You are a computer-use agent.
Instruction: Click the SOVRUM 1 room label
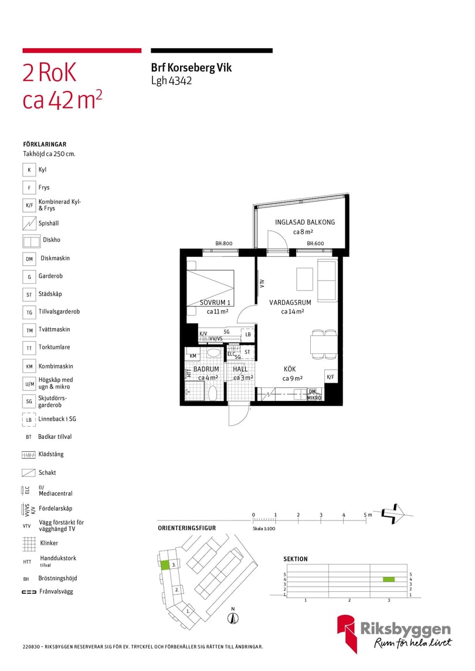(x=215, y=302)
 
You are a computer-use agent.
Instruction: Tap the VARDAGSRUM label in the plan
(x=290, y=302)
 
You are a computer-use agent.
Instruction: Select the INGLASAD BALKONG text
(x=305, y=222)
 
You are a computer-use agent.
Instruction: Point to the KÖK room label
(x=290, y=369)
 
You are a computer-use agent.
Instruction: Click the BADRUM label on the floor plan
(x=206, y=369)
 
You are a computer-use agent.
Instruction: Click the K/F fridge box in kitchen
(x=330, y=377)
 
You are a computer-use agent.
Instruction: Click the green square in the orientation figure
(x=165, y=565)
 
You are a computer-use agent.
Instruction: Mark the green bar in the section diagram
(x=388, y=580)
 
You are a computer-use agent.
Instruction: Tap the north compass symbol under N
(x=233, y=618)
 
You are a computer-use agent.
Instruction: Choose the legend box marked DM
(x=29, y=259)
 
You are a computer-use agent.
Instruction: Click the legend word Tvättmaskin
(x=54, y=329)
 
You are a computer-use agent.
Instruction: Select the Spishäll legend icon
(x=29, y=223)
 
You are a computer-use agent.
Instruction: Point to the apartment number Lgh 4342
(x=171, y=81)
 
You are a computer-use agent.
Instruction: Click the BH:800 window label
(x=223, y=244)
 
